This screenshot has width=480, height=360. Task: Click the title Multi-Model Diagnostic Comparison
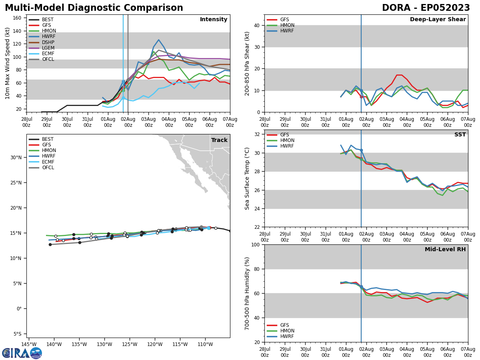94,8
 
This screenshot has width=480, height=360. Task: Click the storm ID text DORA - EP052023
426,8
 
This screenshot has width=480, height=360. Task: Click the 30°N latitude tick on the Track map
16,157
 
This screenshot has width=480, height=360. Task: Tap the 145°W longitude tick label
29,344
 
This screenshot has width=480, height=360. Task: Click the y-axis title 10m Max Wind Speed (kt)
8,63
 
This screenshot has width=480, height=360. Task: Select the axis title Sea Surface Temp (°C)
247,178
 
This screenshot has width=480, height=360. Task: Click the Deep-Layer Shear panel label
438,20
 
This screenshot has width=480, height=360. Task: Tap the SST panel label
460,135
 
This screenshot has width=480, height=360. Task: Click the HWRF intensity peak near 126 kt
158,40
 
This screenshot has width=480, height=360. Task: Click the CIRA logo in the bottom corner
22,353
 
